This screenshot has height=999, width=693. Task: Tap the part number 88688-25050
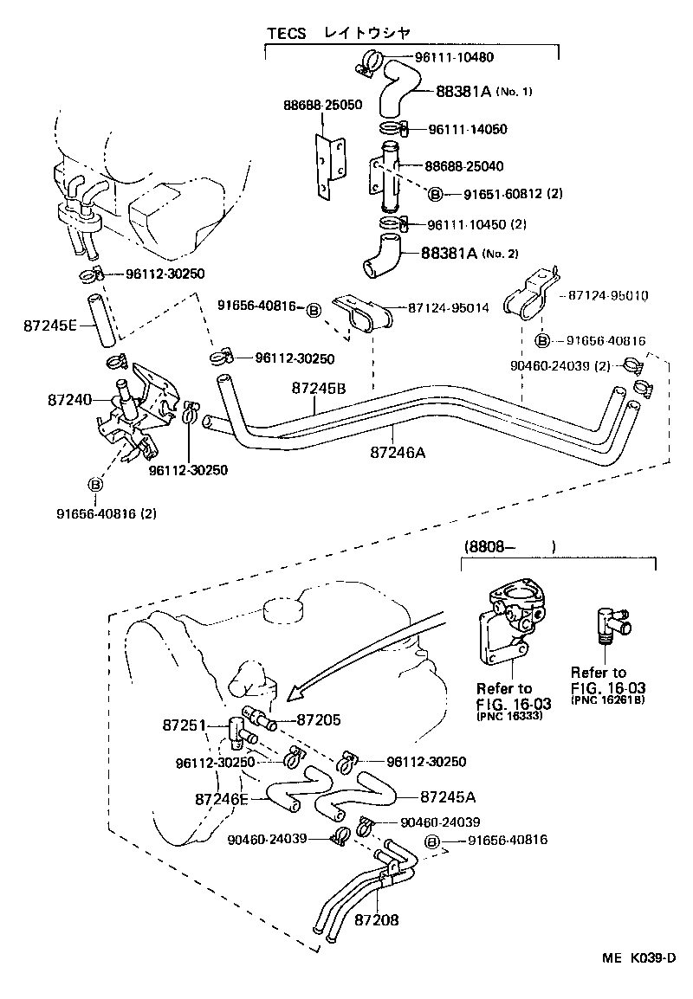coord(323,104)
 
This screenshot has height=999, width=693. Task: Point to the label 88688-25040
coord(464,165)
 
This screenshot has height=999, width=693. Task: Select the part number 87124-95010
coord(609,295)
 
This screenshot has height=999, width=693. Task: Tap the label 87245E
coord(51,325)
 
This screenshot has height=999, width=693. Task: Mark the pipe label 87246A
coord(398,451)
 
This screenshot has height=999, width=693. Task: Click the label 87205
coord(319,719)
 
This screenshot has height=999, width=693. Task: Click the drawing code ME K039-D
coord(639,957)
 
